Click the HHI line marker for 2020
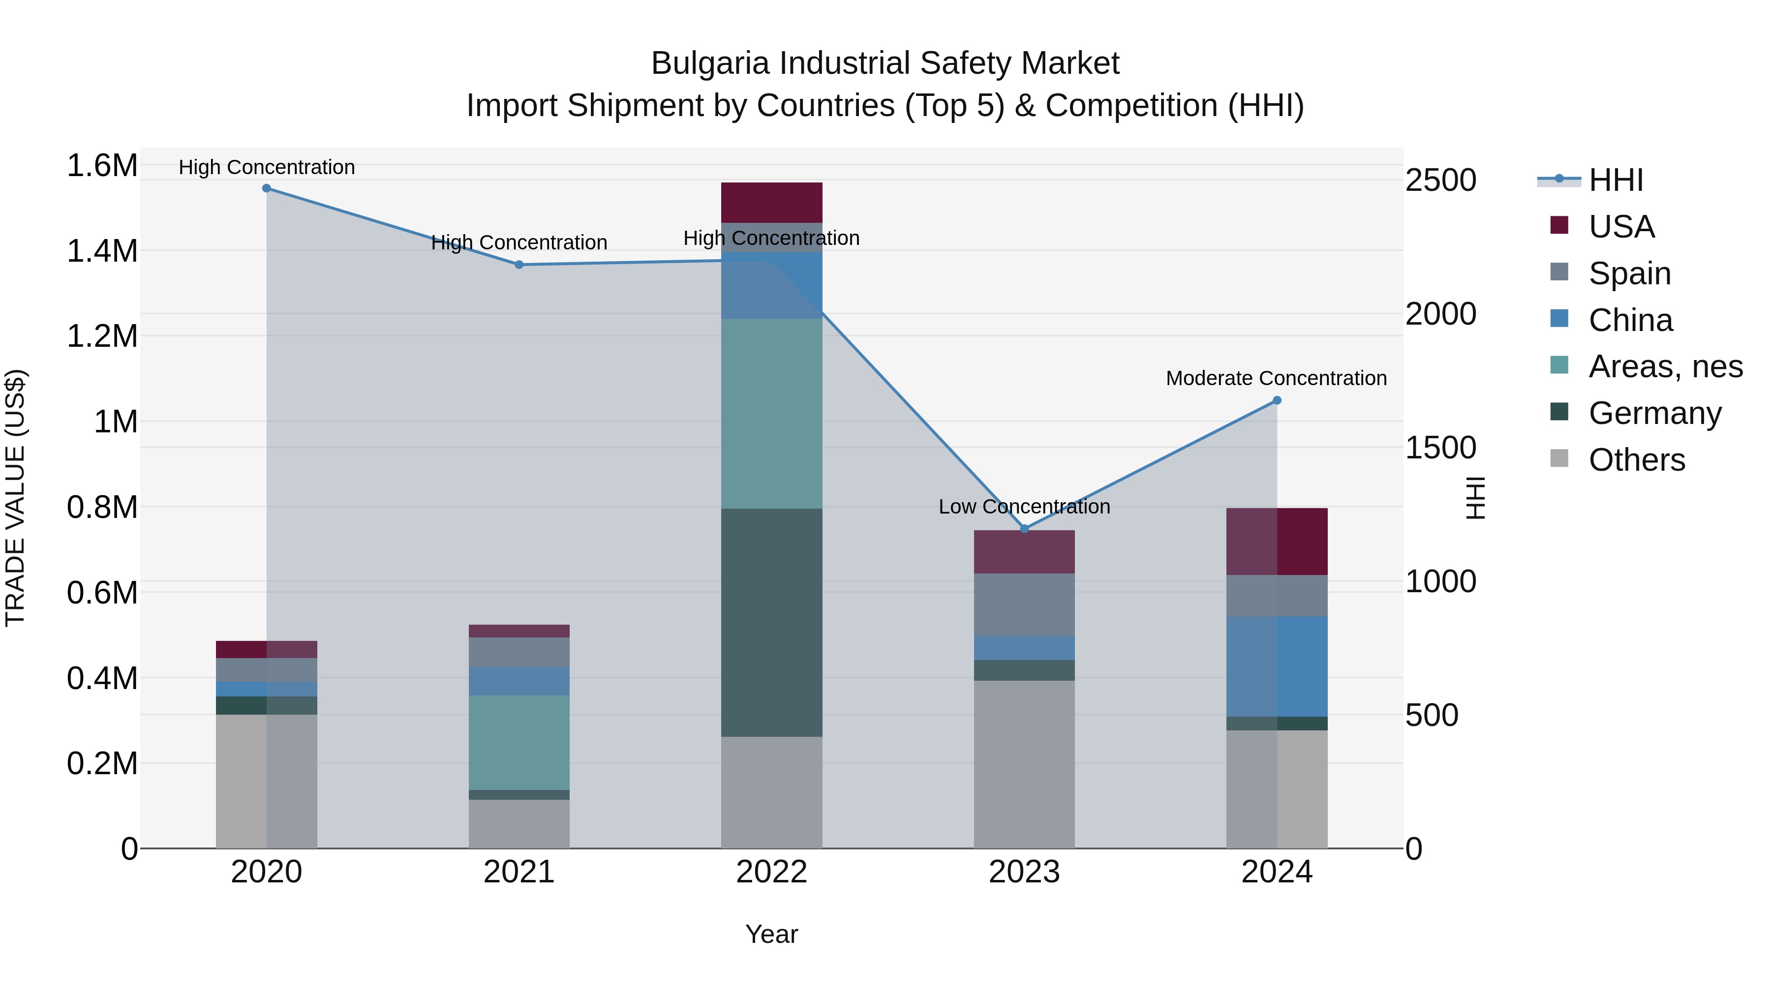[x=267, y=188]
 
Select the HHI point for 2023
[x=1024, y=529]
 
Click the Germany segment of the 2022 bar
[x=771, y=622]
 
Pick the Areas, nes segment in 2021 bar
[x=519, y=742]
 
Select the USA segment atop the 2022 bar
[x=771, y=203]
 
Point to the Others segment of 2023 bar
[x=1024, y=764]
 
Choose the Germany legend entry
[x=1654, y=413]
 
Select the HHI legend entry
[x=1616, y=180]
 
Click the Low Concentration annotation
[x=1024, y=507]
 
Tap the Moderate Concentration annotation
[x=1276, y=378]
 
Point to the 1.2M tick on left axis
[x=102, y=336]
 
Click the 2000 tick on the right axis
[x=1441, y=314]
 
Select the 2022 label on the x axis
[x=771, y=872]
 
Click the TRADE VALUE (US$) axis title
[x=15, y=498]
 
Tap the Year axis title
[x=771, y=934]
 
